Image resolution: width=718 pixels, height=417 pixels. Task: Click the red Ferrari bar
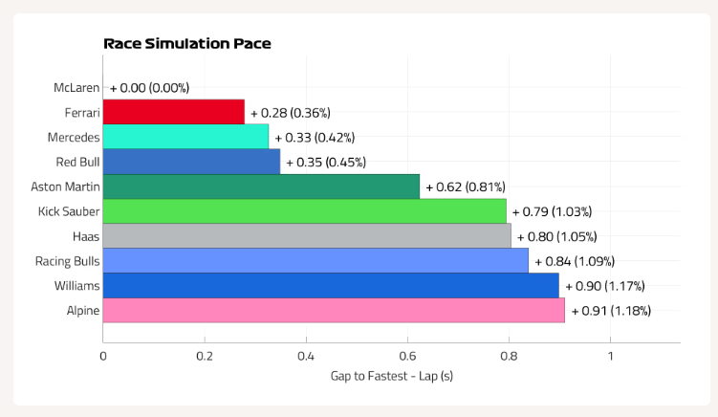[x=174, y=112]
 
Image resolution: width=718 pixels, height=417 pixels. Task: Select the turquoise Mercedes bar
[x=185, y=137]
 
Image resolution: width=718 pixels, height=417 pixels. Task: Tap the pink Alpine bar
[x=334, y=310]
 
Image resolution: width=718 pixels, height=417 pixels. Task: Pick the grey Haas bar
[x=307, y=236]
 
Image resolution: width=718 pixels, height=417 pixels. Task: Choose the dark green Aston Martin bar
[x=261, y=187]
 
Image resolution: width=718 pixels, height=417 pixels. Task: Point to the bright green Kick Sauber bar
[x=305, y=211]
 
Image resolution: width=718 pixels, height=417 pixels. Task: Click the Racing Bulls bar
[x=315, y=261]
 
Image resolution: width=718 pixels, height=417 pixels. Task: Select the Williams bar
[x=331, y=285]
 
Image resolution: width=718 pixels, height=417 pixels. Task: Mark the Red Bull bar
[x=192, y=162]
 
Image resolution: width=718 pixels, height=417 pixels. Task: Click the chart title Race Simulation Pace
[x=187, y=44]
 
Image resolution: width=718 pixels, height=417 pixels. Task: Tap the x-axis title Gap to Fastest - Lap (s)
[x=392, y=376]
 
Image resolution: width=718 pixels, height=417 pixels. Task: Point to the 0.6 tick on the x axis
[x=407, y=356]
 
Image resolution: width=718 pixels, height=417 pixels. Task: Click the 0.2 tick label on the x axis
[x=205, y=356]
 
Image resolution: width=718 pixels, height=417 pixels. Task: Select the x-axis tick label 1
[x=610, y=356]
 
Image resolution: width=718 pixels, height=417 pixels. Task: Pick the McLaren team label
[x=76, y=88]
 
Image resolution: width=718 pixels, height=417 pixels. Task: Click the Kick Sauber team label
[x=69, y=211]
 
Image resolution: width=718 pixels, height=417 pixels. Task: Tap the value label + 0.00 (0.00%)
[x=149, y=88]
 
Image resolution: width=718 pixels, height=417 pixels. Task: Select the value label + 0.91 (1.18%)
[x=611, y=311]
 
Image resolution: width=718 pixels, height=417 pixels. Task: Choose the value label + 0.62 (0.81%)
[x=466, y=187]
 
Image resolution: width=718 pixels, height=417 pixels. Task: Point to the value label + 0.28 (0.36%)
[x=291, y=113]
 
